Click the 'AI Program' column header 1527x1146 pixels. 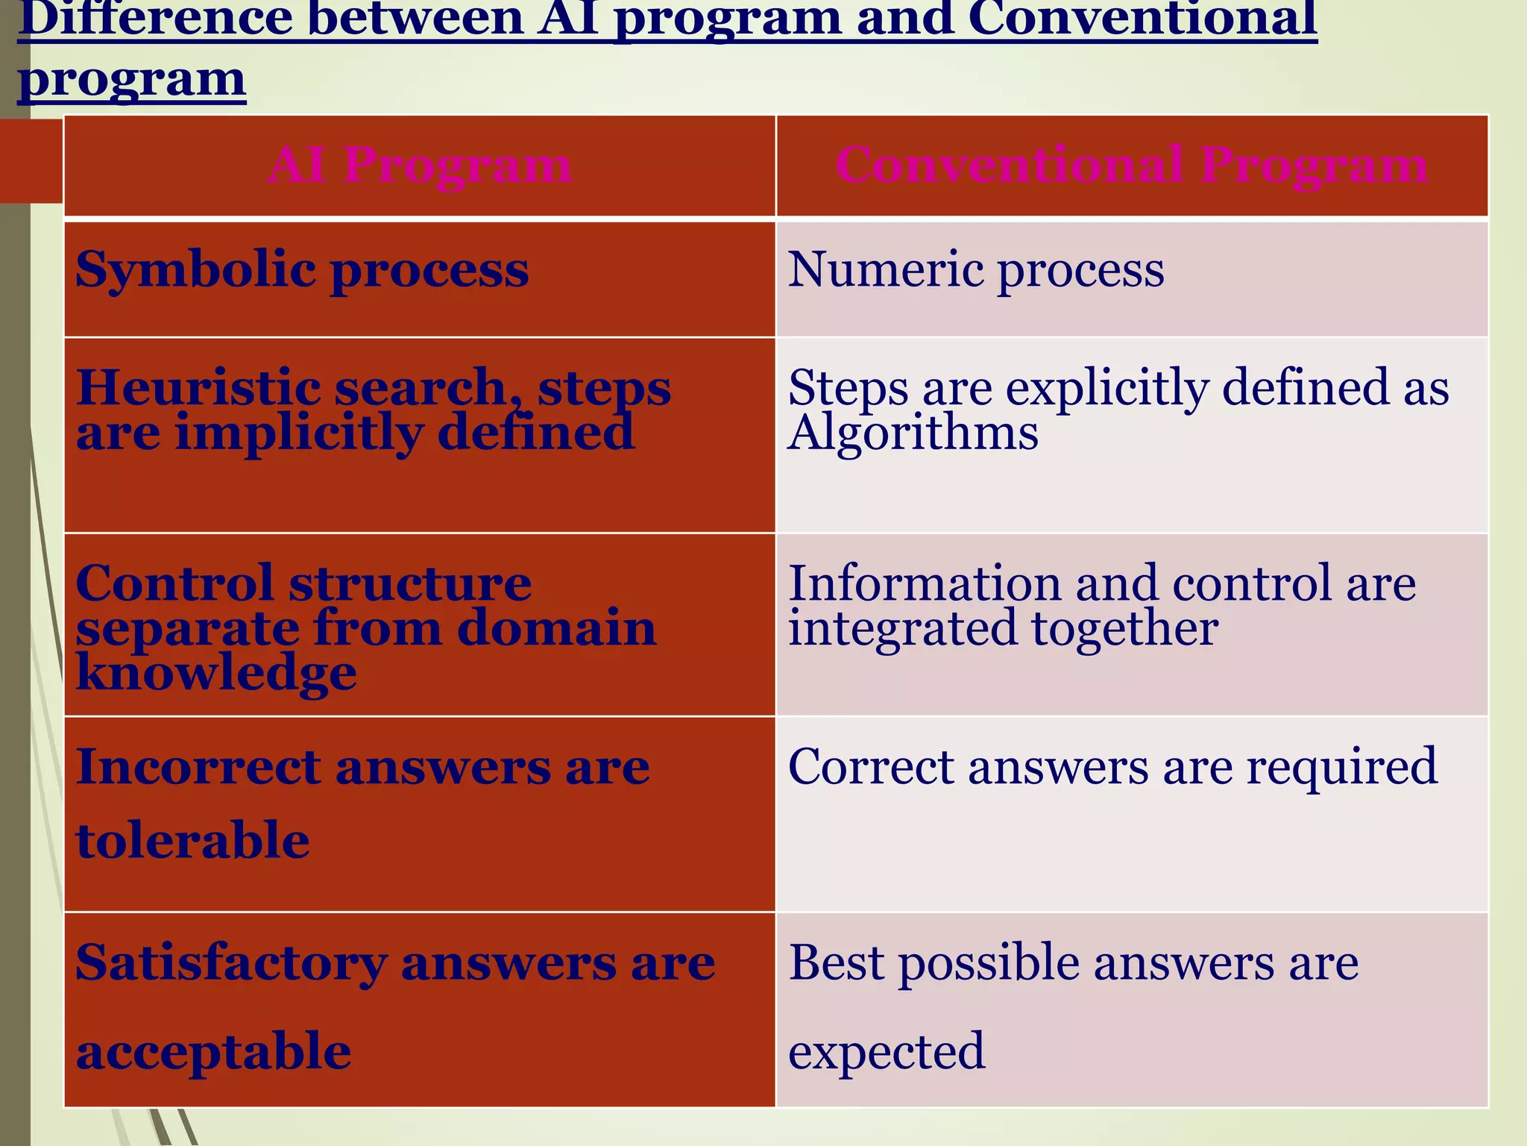click(x=420, y=165)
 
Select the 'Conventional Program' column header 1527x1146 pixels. click(x=1131, y=165)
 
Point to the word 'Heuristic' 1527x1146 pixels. click(x=198, y=388)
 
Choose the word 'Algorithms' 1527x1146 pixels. click(x=913, y=433)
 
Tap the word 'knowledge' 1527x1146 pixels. click(x=216, y=673)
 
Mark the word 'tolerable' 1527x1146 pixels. click(x=192, y=840)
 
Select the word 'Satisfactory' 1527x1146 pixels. click(x=231, y=963)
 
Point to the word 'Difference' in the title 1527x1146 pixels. click(x=155, y=18)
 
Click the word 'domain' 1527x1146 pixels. click(x=556, y=628)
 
